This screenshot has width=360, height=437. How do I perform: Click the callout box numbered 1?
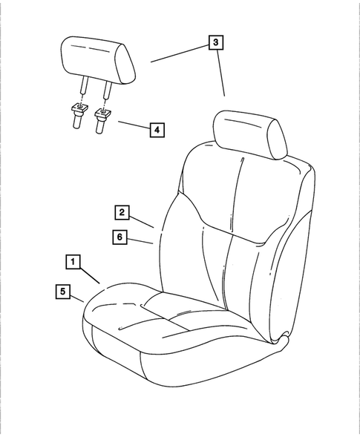73,261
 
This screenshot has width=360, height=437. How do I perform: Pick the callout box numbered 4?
156,129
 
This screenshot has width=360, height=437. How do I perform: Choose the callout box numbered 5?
63,291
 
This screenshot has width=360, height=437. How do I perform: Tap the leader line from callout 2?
142,219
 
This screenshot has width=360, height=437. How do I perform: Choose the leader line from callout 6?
142,240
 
